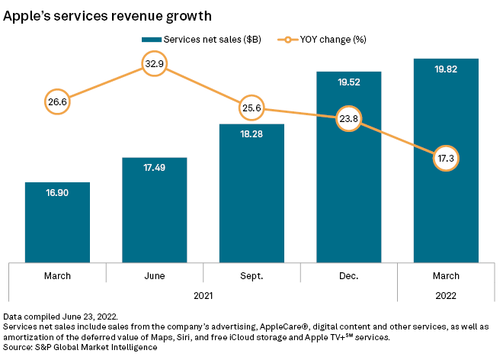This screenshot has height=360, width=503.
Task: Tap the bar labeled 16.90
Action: click(x=57, y=221)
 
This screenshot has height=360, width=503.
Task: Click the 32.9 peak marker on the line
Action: click(x=155, y=64)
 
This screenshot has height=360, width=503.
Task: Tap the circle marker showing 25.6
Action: click(x=251, y=108)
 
